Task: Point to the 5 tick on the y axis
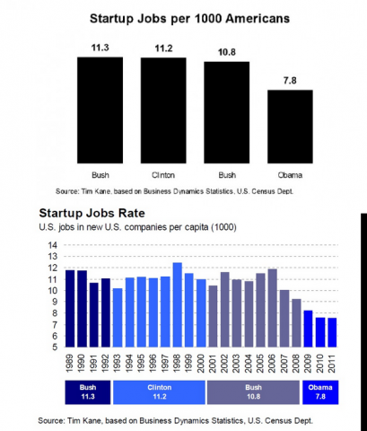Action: (x=52, y=347)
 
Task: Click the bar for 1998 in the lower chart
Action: (x=178, y=305)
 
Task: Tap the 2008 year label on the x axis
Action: (x=296, y=362)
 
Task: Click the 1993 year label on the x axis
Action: (x=118, y=362)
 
